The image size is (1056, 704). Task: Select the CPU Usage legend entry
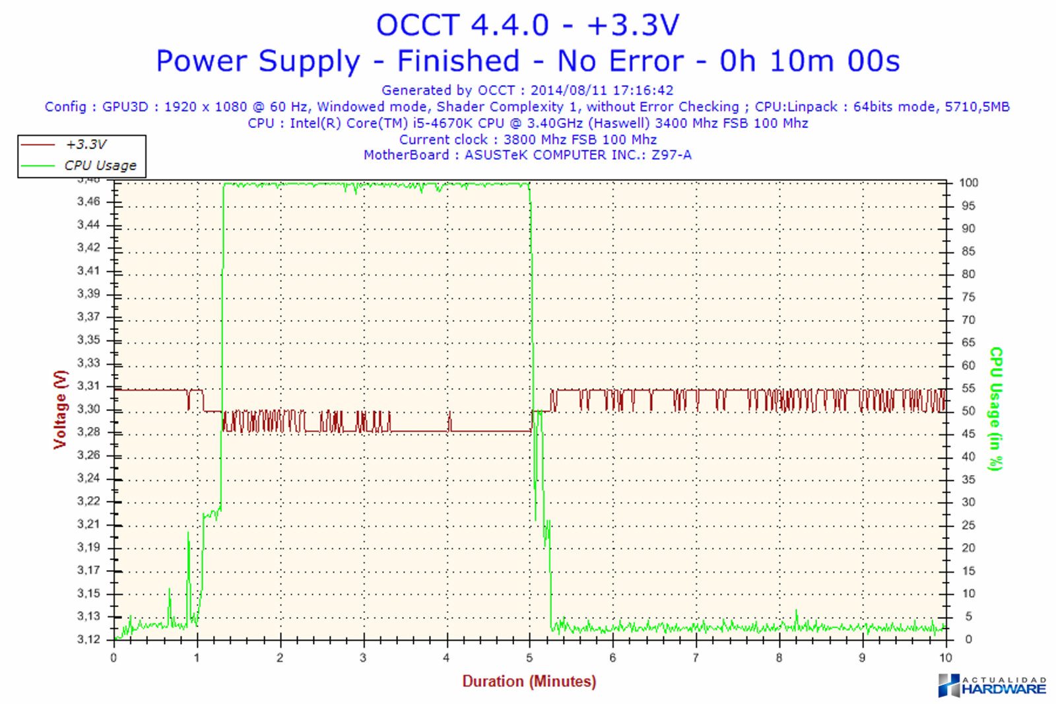click(x=100, y=166)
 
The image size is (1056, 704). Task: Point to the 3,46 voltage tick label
click(x=88, y=201)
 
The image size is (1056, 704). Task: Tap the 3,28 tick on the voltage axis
click(x=88, y=432)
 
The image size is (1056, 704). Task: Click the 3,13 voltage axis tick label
click(x=88, y=616)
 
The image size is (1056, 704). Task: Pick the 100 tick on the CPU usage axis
click(x=968, y=183)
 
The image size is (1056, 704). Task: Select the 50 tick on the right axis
click(x=968, y=411)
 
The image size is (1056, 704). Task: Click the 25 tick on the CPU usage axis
click(x=968, y=525)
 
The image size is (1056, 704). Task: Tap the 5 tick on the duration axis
click(x=529, y=658)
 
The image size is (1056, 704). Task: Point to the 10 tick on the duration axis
click(x=945, y=658)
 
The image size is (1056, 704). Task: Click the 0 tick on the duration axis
click(x=114, y=658)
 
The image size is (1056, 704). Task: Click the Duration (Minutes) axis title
click(x=529, y=682)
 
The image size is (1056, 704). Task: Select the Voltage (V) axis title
click(x=61, y=409)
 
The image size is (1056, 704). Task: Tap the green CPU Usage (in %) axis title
click(x=996, y=409)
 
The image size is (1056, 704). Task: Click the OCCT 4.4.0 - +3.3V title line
click(x=527, y=26)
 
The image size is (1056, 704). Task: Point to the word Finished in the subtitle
click(x=458, y=61)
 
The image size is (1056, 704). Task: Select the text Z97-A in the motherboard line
click(x=671, y=155)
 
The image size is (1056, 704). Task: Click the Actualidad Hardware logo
click(x=992, y=686)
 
